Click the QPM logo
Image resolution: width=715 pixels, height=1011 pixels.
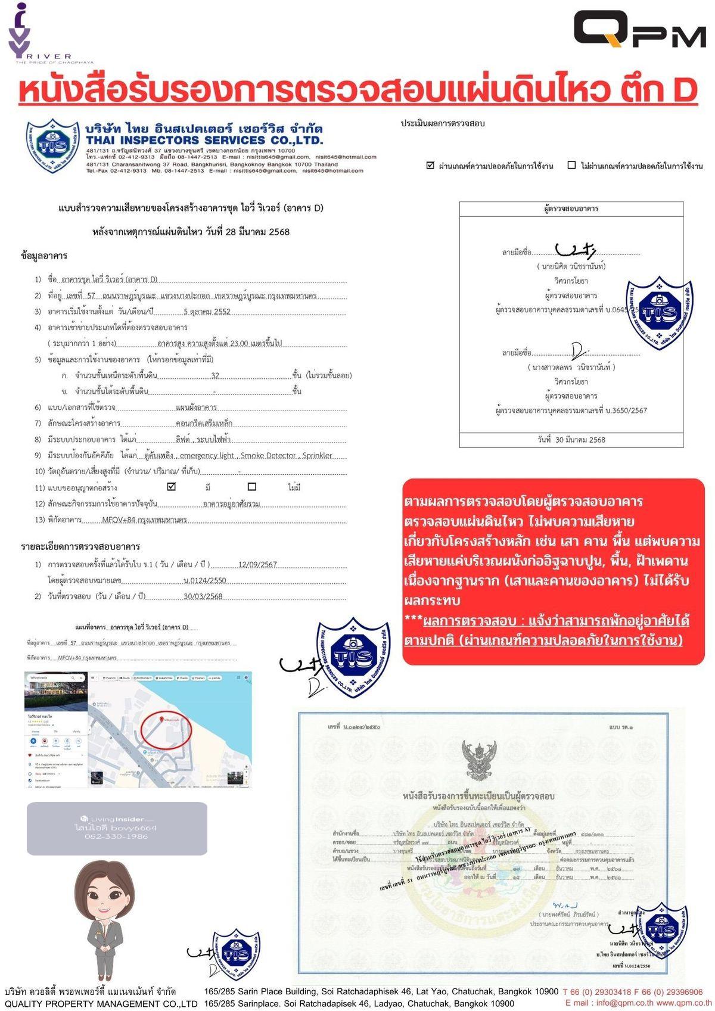639,29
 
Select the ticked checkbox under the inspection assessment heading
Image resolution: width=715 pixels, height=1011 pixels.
430,166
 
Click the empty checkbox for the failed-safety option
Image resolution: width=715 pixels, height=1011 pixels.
571,166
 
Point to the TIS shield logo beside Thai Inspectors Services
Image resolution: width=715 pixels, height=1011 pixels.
52,146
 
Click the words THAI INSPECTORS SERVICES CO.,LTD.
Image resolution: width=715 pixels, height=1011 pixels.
204,141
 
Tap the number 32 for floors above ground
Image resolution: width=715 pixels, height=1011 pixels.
215,376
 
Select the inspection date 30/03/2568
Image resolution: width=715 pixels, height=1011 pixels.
203,596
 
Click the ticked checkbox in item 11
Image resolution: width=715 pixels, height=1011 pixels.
172,487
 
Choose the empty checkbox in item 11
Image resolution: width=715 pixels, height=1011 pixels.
251,487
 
